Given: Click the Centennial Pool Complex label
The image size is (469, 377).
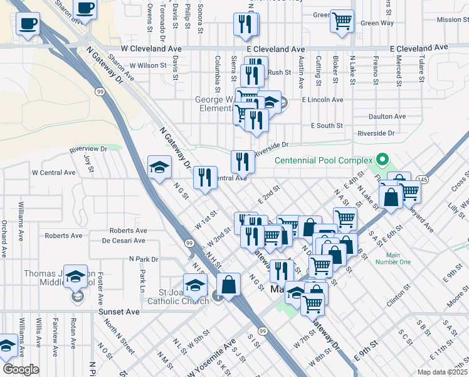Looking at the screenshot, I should pos(324,161).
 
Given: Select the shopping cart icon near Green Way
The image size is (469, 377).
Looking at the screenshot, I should pos(342,21).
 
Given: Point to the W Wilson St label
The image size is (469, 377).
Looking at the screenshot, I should pos(148,65).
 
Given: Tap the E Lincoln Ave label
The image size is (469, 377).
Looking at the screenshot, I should pos(322,100).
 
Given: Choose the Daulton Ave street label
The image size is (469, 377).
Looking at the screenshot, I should pos(387,116).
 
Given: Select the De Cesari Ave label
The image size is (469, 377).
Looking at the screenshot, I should pos(124,241).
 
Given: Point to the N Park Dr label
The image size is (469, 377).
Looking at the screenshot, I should pos(144,259).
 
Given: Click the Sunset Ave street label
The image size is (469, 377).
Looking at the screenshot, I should pos(119,311).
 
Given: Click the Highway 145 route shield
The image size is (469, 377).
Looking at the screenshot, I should pos(424,180).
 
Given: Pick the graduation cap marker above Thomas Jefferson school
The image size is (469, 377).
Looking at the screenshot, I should pos(75,276).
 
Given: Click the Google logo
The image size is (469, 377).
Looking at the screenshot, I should pos(21,369).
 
